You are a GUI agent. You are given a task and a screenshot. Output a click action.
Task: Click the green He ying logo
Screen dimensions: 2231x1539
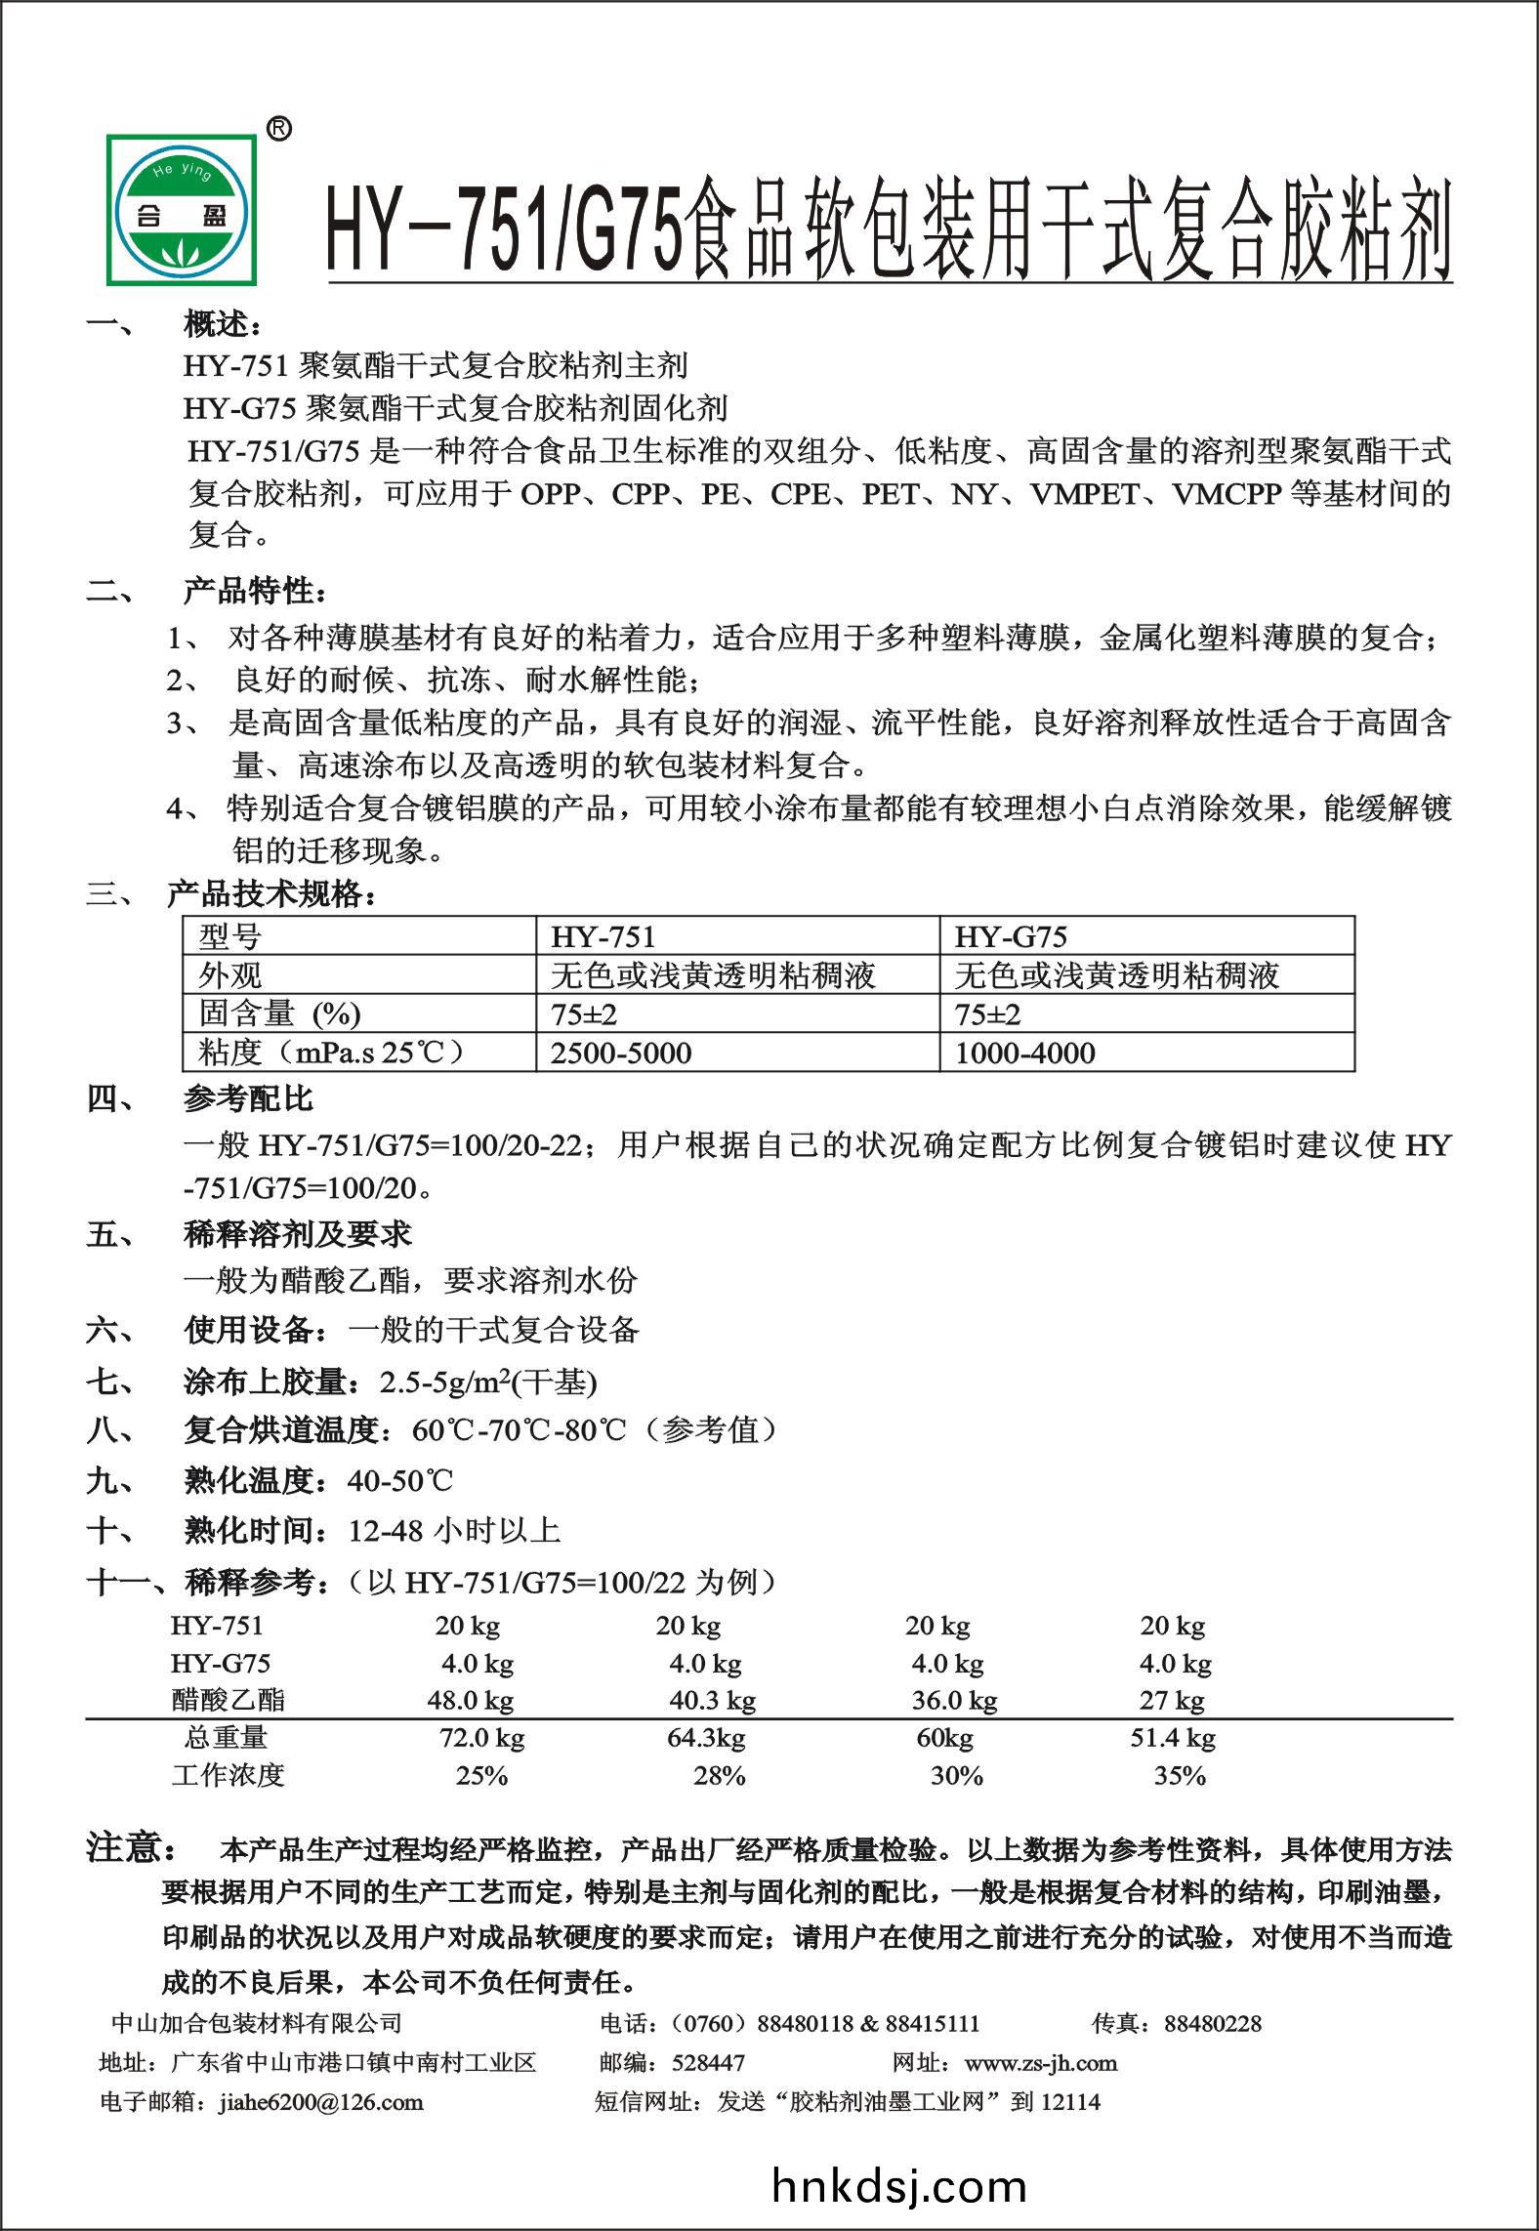[x=183, y=208]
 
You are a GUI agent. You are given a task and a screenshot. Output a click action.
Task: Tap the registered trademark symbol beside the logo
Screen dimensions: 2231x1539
[x=278, y=129]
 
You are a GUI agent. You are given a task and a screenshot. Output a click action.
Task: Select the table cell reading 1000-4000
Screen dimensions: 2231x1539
[x=1024, y=1053]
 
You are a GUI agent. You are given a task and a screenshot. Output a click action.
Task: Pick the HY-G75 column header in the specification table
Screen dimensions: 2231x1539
[x=1011, y=937]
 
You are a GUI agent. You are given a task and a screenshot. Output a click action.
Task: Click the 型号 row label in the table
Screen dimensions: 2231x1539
[x=230, y=937]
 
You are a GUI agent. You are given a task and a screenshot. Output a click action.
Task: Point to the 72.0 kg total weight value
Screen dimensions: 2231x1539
[x=481, y=1738]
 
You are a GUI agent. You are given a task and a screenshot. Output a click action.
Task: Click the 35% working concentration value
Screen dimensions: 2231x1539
[x=1180, y=1776]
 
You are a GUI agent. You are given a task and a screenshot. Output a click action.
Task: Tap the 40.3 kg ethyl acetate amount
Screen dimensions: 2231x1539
[x=712, y=1701]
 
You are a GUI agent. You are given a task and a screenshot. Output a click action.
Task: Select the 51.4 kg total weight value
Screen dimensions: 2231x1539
[x=1172, y=1738]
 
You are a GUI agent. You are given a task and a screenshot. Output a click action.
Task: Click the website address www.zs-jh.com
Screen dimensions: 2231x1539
[x=1040, y=2063]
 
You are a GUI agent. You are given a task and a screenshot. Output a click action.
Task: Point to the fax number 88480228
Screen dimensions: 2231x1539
[x=1213, y=2024]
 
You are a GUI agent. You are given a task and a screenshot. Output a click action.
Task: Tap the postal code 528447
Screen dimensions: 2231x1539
[x=708, y=2063]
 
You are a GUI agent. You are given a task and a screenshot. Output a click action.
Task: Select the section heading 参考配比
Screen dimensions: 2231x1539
[x=248, y=1099]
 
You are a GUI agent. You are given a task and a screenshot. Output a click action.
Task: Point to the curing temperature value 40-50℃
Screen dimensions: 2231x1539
[x=400, y=1481]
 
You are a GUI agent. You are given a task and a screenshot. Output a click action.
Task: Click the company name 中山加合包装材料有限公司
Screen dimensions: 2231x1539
[x=257, y=2024]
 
